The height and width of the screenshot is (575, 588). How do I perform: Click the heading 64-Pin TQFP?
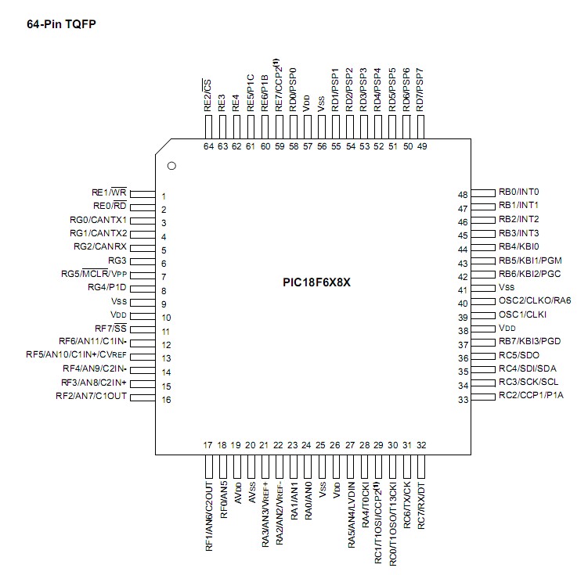click(x=62, y=23)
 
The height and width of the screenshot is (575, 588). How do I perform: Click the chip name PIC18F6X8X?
click(x=317, y=282)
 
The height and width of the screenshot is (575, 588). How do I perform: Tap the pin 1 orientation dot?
click(x=171, y=166)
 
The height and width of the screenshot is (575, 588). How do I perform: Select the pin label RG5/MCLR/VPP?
click(x=96, y=274)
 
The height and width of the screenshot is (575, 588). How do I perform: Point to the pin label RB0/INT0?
click(x=519, y=192)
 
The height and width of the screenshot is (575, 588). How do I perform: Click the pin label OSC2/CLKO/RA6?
click(x=535, y=301)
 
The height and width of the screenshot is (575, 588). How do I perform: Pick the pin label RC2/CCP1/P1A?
click(x=531, y=395)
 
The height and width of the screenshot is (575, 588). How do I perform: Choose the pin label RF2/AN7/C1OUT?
click(x=91, y=397)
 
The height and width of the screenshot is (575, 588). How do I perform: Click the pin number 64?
click(x=208, y=146)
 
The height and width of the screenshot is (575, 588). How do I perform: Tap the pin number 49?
click(x=422, y=146)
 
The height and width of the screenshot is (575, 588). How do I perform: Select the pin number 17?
click(x=207, y=445)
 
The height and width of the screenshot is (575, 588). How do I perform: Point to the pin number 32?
click(x=421, y=445)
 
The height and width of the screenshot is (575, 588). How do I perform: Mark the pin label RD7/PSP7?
click(x=421, y=88)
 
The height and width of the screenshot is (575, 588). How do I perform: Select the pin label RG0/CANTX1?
click(x=98, y=220)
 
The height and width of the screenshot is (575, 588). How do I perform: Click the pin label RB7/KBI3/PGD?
click(x=530, y=343)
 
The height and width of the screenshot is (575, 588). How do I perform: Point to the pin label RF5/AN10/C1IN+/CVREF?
click(x=75, y=355)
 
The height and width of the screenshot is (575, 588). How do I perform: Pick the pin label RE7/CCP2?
click(x=279, y=86)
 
